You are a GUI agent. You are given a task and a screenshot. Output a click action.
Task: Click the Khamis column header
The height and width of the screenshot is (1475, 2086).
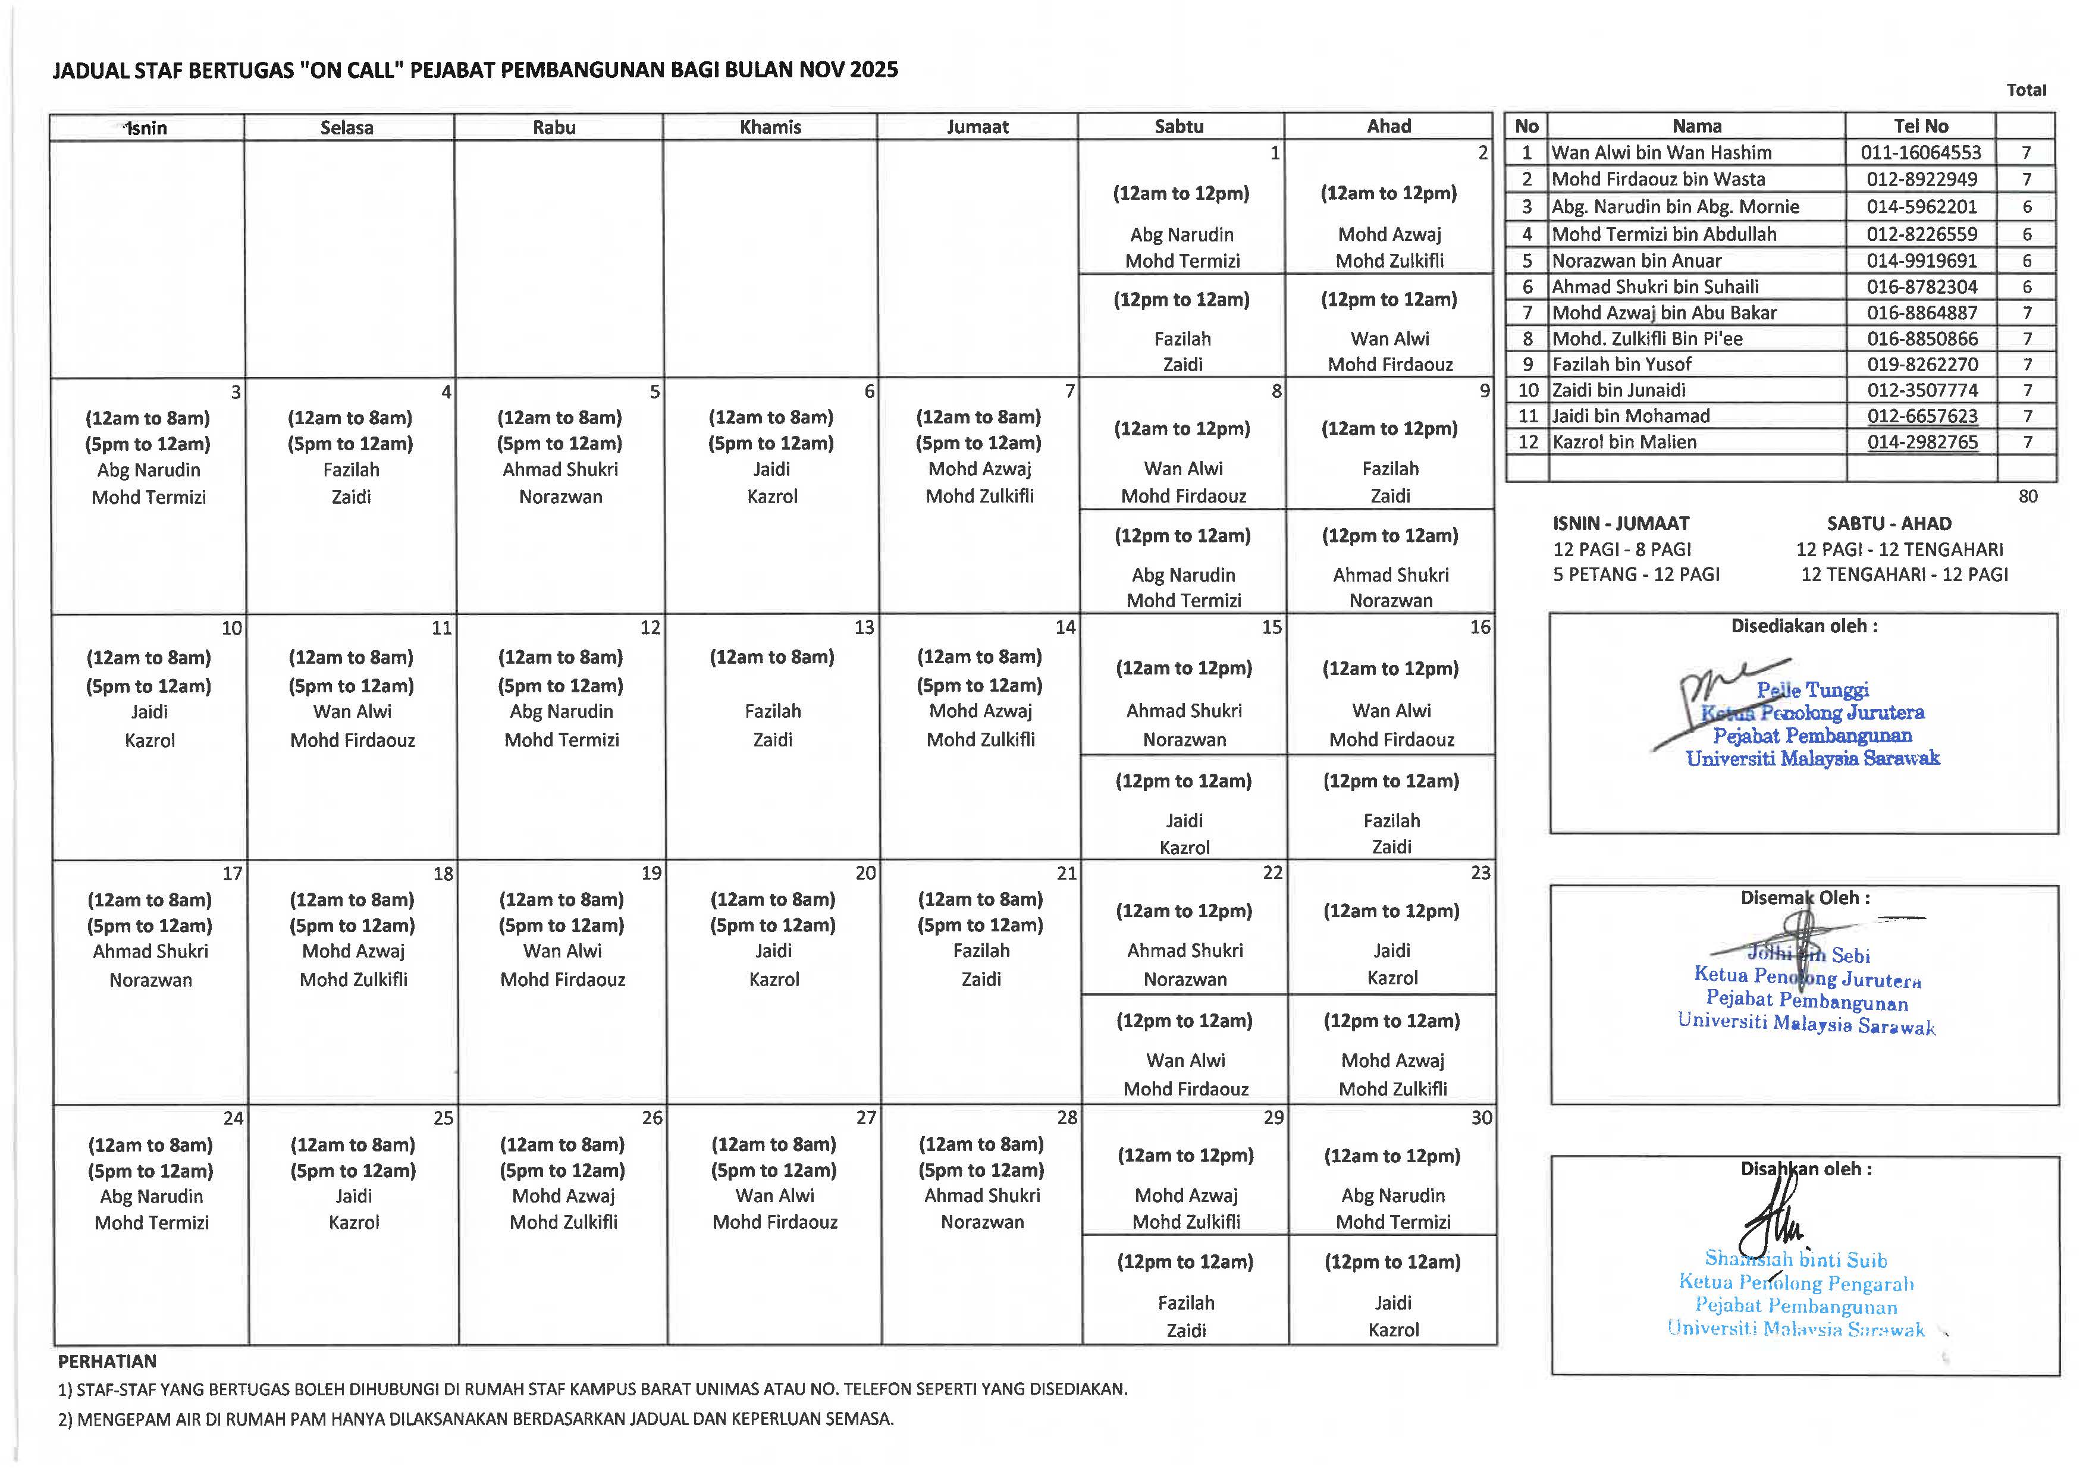click(x=770, y=127)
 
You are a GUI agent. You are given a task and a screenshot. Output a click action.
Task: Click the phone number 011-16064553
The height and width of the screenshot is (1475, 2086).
click(x=1921, y=153)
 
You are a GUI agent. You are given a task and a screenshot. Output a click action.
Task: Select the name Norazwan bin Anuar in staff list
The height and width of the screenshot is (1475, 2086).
click(x=1636, y=261)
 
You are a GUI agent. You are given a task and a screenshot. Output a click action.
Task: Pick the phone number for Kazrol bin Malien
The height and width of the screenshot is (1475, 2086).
click(x=1922, y=442)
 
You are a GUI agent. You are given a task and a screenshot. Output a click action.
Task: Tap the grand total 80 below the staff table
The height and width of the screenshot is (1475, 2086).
click(x=2027, y=496)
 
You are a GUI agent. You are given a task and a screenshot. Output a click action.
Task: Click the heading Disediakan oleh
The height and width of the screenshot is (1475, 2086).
click(x=1803, y=626)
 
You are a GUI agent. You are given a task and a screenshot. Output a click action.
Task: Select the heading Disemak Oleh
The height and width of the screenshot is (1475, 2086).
click(x=1804, y=898)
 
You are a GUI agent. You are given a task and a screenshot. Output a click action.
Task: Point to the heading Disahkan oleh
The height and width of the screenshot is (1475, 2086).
click(x=1805, y=1169)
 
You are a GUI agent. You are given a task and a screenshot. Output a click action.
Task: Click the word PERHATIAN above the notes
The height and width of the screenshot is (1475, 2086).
click(x=107, y=1361)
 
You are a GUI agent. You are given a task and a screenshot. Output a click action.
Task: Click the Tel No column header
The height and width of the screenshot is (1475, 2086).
click(x=1921, y=126)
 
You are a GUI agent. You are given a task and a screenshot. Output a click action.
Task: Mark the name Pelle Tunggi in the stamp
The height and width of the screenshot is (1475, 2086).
click(x=1812, y=691)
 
